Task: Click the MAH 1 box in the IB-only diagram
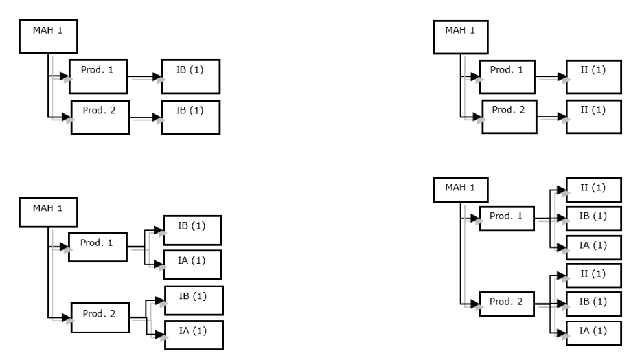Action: pyautogui.click(x=48, y=37)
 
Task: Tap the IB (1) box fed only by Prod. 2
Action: pyautogui.click(x=190, y=117)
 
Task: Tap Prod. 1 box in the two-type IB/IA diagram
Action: pyautogui.click(x=97, y=247)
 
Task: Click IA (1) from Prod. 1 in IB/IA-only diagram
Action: pyautogui.click(x=192, y=264)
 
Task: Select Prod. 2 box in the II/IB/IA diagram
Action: pyautogui.click(x=508, y=302)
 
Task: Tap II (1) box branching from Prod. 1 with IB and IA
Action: pyautogui.click(x=593, y=190)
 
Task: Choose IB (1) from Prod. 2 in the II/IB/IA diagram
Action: pyautogui.click(x=593, y=302)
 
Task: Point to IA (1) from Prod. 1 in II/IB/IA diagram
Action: pyautogui.click(x=593, y=247)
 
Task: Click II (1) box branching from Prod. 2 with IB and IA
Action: pyautogui.click(x=593, y=275)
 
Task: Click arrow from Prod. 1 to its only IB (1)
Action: pyautogui.click(x=145, y=76)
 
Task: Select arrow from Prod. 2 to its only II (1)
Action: pyautogui.click(x=552, y=118)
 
